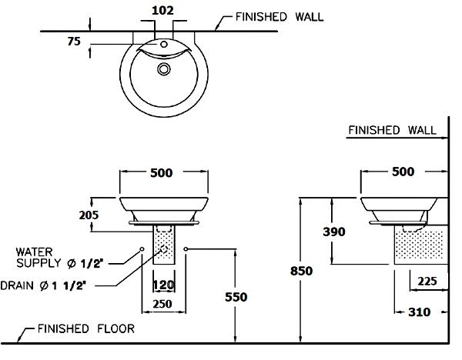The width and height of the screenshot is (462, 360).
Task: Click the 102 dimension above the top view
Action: pos(163,11)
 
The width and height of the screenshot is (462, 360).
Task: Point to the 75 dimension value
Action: pos(75,43)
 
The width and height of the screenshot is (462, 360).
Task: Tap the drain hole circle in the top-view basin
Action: pos(163,69)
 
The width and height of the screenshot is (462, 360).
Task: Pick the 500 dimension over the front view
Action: pos(161,173)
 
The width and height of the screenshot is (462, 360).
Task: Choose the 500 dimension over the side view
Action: pos(403,172)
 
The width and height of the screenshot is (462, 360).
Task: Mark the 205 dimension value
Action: pos(89,215)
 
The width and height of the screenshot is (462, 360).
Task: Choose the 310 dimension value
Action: pos(419,312)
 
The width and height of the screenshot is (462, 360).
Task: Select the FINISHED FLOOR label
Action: pos(86,329)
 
